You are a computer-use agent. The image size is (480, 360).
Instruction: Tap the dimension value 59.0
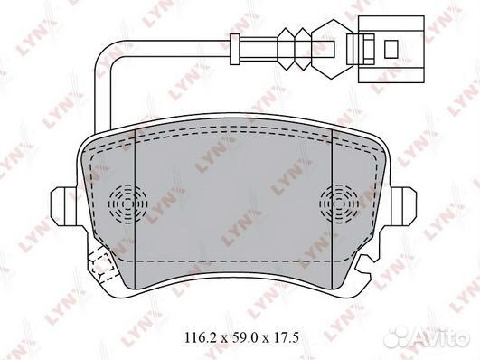[242, 338]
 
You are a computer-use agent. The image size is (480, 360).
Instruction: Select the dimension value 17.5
[287, 338]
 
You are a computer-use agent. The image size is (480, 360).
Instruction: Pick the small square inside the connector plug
[391, 49]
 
